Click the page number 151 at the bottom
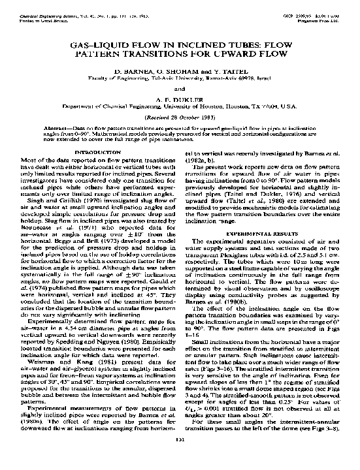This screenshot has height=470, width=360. pos(180,458)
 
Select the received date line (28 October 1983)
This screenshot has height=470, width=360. pos(180,117)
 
